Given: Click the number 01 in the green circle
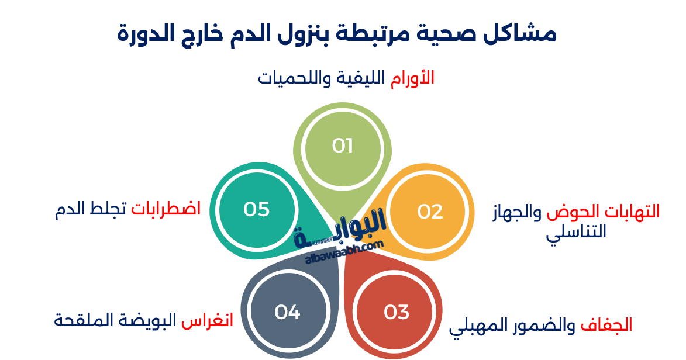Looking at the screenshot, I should [x=343, y=146].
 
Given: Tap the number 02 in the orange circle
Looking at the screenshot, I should [x=430, y=212].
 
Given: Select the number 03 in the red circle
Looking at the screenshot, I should [x=397, y=312].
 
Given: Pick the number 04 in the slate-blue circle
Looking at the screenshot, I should [x=287, y=312].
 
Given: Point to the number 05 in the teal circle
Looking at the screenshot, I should [x=256, y=209].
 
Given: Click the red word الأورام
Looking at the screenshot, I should [x=413, y=78].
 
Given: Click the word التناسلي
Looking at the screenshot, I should [x=576, y=232].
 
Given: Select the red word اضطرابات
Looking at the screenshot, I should [x=166, y=209].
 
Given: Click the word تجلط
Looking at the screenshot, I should [x=108, y=209].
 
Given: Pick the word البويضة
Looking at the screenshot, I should [x=146, y=320].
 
